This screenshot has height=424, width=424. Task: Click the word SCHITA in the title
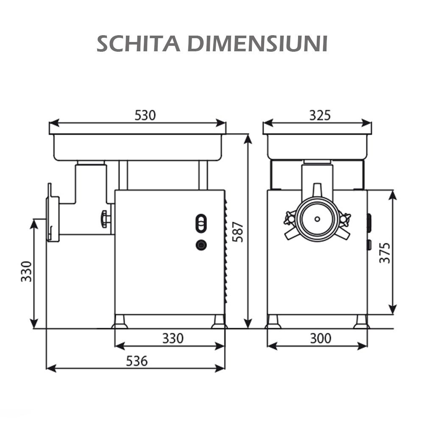[x=139, y=44]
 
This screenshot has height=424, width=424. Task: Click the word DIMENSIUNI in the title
[x=258, y=44]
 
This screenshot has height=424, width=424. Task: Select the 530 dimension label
[x=145, y=115]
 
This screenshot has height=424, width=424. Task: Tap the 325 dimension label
[x=319, y=115]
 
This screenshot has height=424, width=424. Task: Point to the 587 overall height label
[x=239, y=232]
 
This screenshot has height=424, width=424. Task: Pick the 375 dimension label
[x=384, y=253]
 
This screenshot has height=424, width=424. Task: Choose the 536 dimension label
[x=137, y=361]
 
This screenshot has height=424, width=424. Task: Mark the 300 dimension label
[x=320, y=338]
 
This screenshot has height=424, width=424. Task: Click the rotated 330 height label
[x=26, y=271]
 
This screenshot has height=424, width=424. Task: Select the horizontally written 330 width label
[x=173, y=338]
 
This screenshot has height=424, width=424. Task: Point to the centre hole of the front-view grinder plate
[x=317, y=219]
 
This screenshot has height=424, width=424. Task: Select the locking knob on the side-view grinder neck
[x=105, y=219]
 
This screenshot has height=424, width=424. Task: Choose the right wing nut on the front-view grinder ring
[x=345, y=219]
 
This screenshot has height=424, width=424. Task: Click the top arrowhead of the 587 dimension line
[x=248, y=138]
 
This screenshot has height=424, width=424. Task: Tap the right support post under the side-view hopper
[x=203, y=175]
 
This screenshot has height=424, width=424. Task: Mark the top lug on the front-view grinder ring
[x=317, y=190]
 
